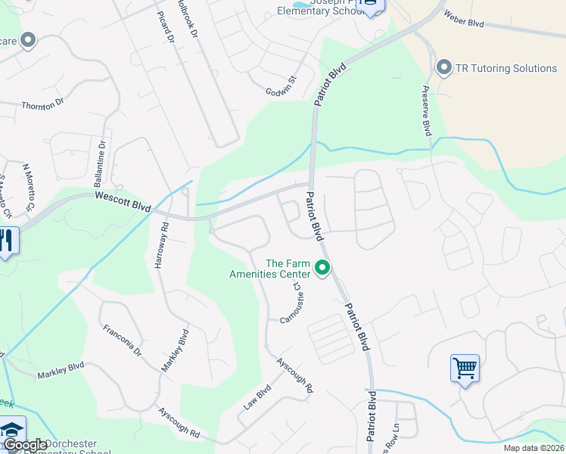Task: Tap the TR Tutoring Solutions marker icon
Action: tap(444, 69)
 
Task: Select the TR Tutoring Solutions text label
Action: tap(506, 69)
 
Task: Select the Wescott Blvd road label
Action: tap(123, 201)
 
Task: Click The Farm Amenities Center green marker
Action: tap(322, 267)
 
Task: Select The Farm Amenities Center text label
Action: tap(270, 269)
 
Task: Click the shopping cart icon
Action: tap(464, 368)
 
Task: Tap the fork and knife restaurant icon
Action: tap(6, 241)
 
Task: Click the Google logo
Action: tap(25, 446)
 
